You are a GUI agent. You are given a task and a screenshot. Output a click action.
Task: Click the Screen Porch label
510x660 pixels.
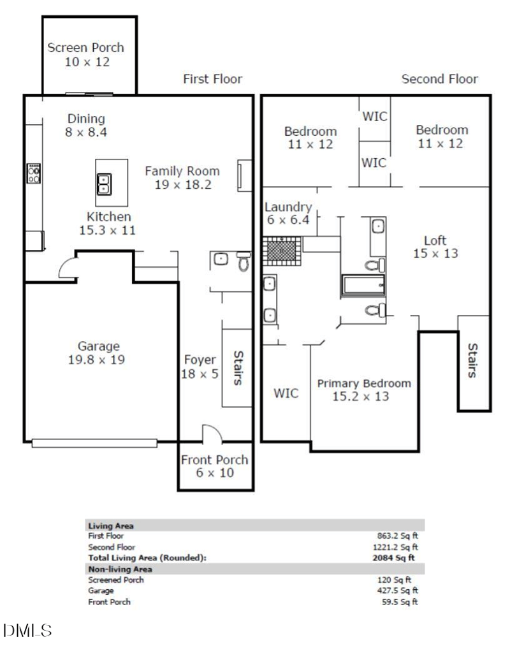[86, 54]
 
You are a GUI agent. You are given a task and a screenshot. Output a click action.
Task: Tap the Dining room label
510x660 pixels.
[86, 125]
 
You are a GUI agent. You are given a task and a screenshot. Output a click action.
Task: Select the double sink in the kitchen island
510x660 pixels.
[104, 184]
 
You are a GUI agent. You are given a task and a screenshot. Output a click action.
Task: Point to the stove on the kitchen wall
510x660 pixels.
[34, 173]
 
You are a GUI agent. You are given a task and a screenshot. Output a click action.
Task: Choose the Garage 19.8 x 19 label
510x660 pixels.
[99, 353]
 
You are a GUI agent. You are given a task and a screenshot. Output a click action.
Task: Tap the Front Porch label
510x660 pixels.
[214, 466]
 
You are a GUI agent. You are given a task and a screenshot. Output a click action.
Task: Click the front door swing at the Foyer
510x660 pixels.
[212, 434]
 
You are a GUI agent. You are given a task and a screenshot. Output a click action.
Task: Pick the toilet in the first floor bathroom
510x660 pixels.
[244, 261]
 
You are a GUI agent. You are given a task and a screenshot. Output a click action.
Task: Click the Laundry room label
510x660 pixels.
[288, 213]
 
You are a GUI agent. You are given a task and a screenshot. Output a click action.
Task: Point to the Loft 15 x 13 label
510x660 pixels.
[435, 247]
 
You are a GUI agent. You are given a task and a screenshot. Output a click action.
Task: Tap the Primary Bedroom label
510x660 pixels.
[364, 390]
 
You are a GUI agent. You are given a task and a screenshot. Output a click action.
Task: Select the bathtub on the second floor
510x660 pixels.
[363, 286]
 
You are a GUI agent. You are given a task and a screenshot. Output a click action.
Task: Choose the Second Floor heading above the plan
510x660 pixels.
[439, 79]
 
